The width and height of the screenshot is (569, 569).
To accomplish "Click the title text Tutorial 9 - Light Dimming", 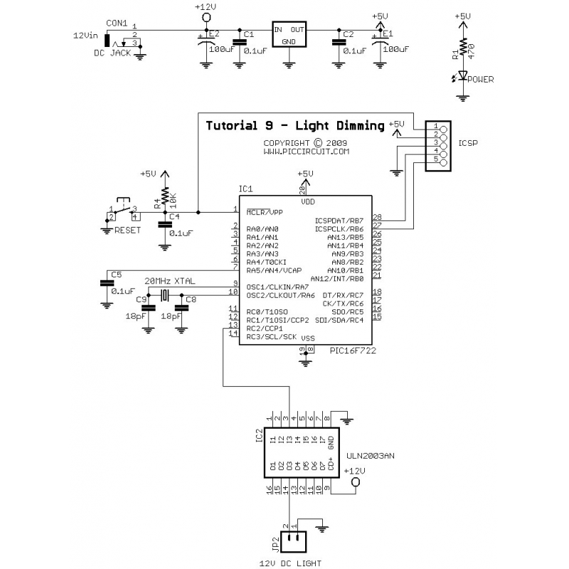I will [x=294, y=126].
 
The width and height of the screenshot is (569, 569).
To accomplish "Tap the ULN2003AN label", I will [x=368, y=455].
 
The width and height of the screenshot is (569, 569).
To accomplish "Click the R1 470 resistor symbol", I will [x=463, y=48].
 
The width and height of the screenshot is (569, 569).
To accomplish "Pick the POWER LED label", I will [x=481, y=80].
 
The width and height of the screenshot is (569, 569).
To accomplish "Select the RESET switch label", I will [x=128, y=230].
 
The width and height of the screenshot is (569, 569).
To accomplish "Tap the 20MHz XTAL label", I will [x=171, y=280].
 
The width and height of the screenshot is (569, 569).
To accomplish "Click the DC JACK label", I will [x=113, y=53].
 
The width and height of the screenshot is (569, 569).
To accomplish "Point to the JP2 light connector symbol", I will [x=292, y=542].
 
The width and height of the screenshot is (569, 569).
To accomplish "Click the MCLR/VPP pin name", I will [x=265, y=211].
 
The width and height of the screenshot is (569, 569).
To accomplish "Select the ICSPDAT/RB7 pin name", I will [x=339, y=220].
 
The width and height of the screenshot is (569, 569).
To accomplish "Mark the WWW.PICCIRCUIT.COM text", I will [x=307, y=151].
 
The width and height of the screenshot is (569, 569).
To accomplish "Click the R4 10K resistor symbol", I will [x=165, y=196].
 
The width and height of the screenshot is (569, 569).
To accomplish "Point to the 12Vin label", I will [x=86, y=34].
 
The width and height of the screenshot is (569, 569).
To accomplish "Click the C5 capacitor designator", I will [x=117, y=274].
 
